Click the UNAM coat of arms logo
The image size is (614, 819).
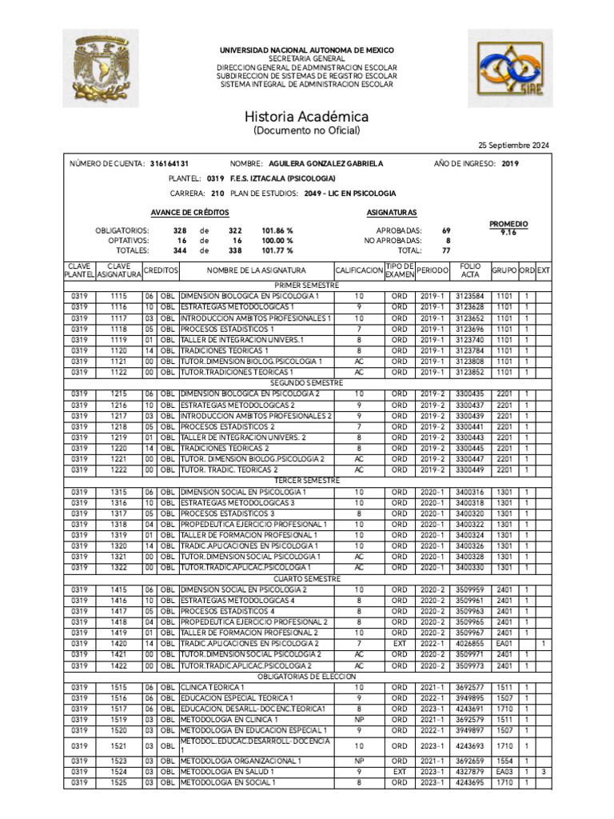coord(100,68)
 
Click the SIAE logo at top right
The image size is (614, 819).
coord(511,69)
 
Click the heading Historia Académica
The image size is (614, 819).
coord(306,116)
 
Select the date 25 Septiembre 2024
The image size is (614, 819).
coord(514,145)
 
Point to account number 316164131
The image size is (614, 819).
coord(169,164)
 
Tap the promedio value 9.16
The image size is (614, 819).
coord(508,232)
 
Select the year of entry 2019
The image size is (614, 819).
coord(510,164)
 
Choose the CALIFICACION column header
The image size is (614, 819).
coord(359,271)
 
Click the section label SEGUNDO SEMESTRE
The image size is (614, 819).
coord(307,383)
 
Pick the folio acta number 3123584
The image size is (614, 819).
coord(470,296)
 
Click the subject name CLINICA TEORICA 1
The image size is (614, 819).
coord(213,687)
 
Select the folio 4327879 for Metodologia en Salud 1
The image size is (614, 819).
coord(470,772)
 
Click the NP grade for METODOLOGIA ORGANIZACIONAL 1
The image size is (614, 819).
coord(359,761)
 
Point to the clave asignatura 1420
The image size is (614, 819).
coord(118,643)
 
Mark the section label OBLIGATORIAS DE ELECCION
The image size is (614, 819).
coord(307,677)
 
